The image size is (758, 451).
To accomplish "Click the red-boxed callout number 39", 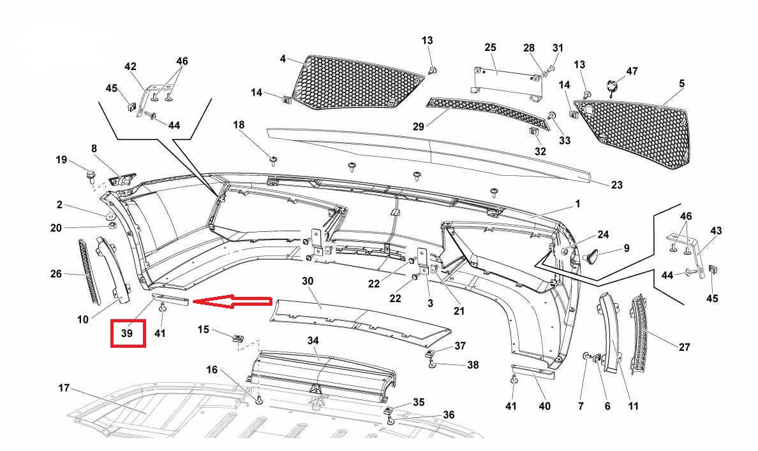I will [x=128, y=334].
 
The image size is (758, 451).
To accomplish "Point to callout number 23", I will [x=616, y=185].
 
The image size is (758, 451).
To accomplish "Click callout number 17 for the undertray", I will [x=63, y=388].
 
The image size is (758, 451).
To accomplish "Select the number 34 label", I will [x=313, y=341].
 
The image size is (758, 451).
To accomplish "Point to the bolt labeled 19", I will [x=91, y=173].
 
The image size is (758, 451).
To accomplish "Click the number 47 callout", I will [x=632, y=71].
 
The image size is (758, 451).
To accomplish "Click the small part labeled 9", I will [x=593, y=256].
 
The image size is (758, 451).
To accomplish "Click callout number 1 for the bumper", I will [x=577, y=204].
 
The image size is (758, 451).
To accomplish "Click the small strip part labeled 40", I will [x=533, y=371].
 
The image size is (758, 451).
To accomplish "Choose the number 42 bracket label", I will [x=130, y=66].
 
